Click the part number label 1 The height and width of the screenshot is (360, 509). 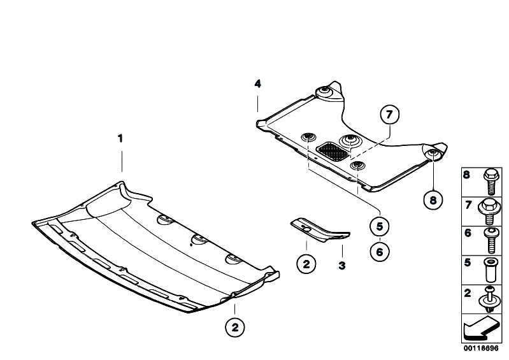(120, 138)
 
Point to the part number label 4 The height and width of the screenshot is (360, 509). (257, 84)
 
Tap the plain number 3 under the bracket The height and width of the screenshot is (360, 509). (341, 265)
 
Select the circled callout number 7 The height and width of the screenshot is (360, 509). (390, 115)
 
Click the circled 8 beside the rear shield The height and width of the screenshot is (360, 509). (433, 200)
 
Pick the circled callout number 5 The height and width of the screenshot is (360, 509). (380, 226)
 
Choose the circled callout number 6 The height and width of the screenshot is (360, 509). (380, 252)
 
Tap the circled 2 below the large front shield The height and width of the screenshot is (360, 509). (234, 328)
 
